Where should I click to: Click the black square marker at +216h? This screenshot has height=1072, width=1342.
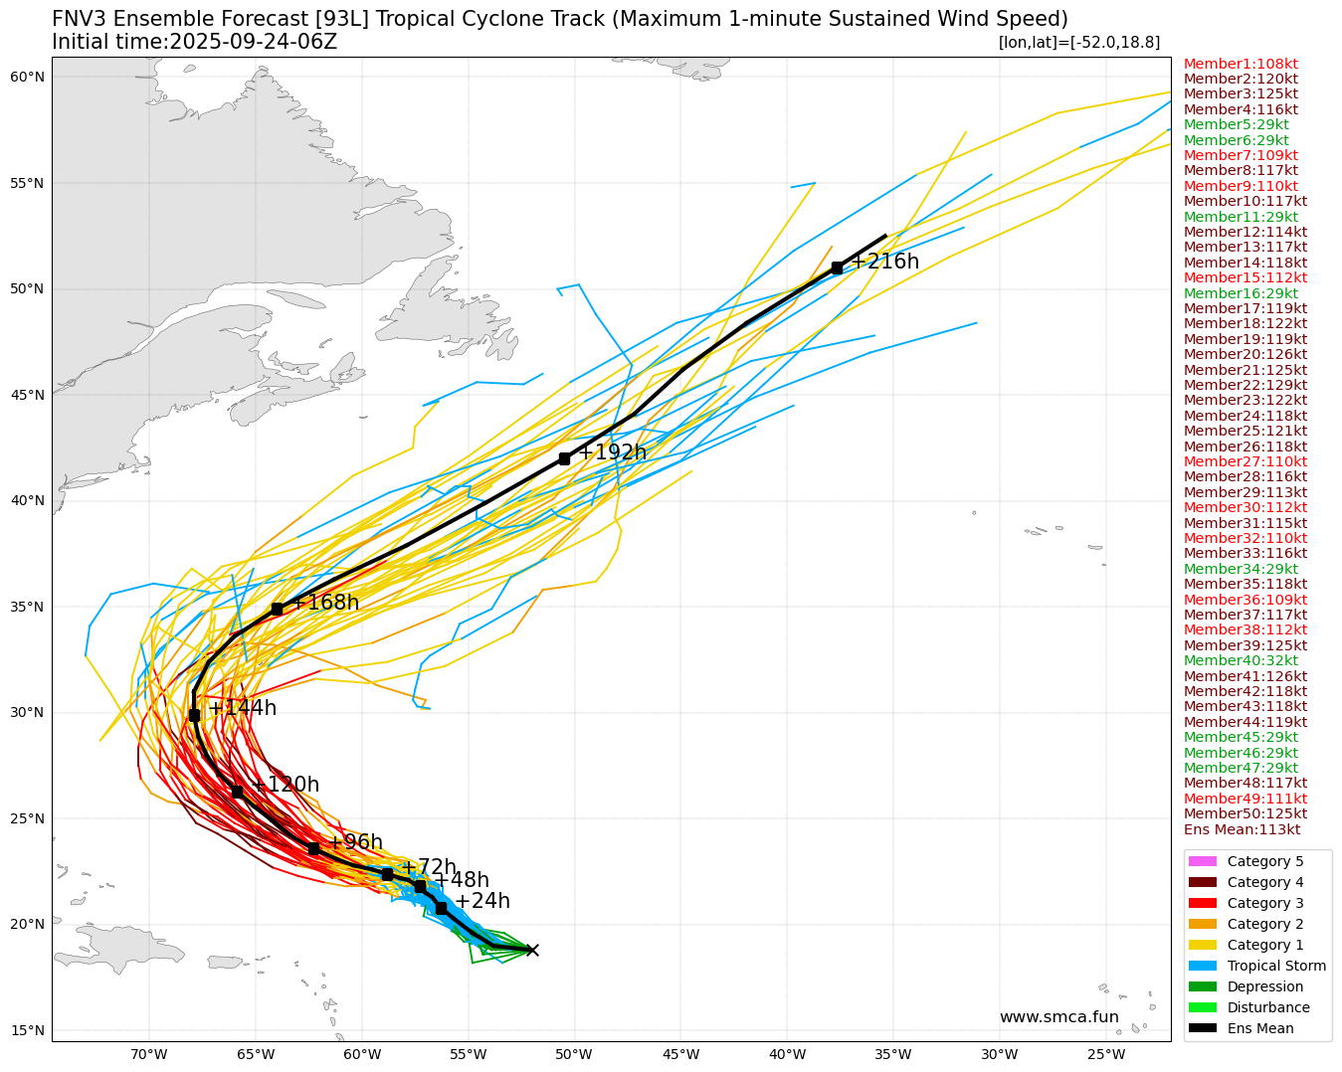coord(837,268)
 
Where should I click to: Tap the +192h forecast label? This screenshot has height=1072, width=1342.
coord(612,452)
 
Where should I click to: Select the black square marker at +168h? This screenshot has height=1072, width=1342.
coord(277,609)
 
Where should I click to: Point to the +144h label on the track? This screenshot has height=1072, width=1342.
coord(242,708)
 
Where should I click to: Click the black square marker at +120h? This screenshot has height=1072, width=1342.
coord(237,792)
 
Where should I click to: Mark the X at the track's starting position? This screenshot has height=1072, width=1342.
coord(531,950)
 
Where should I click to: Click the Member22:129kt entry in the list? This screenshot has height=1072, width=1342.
coord(1246,385)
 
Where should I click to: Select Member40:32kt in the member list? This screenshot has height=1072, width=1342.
coord(1241,660)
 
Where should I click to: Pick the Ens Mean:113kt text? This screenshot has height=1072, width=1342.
coord(1242,829)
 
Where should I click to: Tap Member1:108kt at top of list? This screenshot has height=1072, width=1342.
coord(1241,64)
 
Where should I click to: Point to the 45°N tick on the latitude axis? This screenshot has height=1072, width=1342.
coord(28,395)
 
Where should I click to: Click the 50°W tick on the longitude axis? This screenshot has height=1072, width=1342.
coord(574,1054)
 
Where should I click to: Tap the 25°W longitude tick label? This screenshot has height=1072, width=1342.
coord(1106,1054)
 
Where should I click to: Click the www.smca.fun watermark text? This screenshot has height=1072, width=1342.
coord(1058,1017)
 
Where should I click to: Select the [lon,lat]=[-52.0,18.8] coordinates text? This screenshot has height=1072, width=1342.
coord(1078,42)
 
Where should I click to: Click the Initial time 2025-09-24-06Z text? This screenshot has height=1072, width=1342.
coord(195,42)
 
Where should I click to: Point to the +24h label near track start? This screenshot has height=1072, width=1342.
coord(481,901)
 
